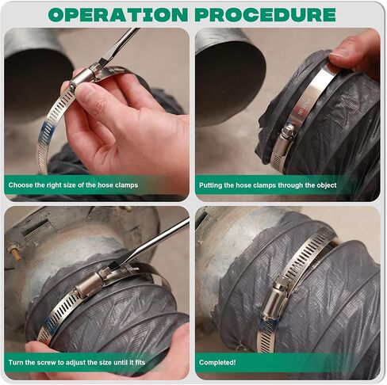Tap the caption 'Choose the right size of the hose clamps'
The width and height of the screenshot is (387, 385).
[x=73, y=185]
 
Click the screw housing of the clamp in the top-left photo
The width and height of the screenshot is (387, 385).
[x=82, y=78]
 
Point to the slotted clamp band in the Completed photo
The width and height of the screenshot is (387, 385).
[x=313, y=253]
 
